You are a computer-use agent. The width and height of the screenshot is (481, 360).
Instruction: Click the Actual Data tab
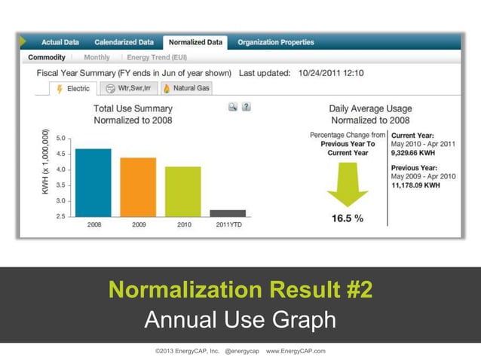61,43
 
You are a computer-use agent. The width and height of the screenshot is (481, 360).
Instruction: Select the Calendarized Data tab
124,43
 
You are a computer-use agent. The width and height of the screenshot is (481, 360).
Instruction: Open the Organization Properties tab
276,43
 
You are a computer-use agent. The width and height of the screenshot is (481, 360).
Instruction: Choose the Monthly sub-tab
97,57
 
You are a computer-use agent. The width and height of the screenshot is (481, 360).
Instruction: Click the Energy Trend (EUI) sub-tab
157,57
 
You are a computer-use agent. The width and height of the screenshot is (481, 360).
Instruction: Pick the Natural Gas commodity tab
186,88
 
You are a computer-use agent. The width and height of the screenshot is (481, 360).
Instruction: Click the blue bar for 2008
93,182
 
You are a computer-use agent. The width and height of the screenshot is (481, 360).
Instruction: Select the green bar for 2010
183,191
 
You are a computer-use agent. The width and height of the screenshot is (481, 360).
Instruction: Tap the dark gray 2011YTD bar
228,213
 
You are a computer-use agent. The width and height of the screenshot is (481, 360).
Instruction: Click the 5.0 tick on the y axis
60,139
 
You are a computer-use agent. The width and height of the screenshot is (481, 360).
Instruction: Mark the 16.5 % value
348,218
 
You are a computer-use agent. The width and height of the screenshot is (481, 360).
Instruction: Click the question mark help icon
247,108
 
